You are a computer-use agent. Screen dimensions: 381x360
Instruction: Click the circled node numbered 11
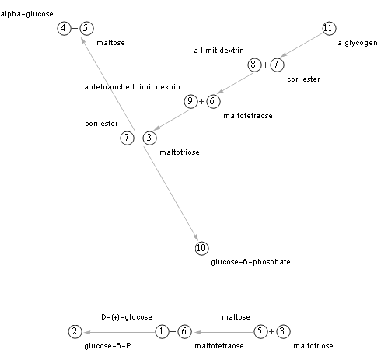pyautogui.click(x=329, y=28)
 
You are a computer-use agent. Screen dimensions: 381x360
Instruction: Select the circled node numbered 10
pyautogui.click(x=201, y=248)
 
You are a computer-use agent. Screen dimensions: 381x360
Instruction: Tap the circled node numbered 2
pyautogui.click(x=75, y=331)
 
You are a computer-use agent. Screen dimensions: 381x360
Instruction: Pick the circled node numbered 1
pyautogui.click(x=162, y=331)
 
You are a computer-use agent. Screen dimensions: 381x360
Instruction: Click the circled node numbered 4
pyautogui.click(x=64, y=28)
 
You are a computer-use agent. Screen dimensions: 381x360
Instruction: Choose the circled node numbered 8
pyautogui.click(x=254, y=65)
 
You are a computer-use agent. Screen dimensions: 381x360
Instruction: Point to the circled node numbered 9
pyautogui.click(x=190, y=101)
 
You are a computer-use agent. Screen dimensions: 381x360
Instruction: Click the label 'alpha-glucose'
pyautogui.click(x=26, y=14)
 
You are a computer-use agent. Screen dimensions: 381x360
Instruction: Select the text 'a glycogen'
pyautogui.click(x=358, y=43)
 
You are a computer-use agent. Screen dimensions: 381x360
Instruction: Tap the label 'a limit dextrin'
pyautogui.click(x=219, y=51)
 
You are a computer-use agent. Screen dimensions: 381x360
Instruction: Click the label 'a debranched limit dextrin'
pyautogui.click(x=132, y=87)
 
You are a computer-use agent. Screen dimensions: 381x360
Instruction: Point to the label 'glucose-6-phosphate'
pyautogui.click(x=250, y=262)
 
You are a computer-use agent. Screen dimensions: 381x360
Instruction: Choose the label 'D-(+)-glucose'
pyautogui.click(x=127, y=317)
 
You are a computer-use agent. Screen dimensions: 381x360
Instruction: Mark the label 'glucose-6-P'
pyautogui.click(x=107, y=346)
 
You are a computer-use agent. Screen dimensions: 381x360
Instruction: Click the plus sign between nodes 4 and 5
pyautogui.click(x=75, y=28)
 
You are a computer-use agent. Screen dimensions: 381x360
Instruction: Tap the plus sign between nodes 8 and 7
pyautogui.click(x=265, y=65)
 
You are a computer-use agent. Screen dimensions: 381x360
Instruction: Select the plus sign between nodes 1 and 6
pyautogui.click(x=173, y=331)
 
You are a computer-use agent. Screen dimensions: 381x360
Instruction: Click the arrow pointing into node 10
pyautogui.click(x=171, y=194)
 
